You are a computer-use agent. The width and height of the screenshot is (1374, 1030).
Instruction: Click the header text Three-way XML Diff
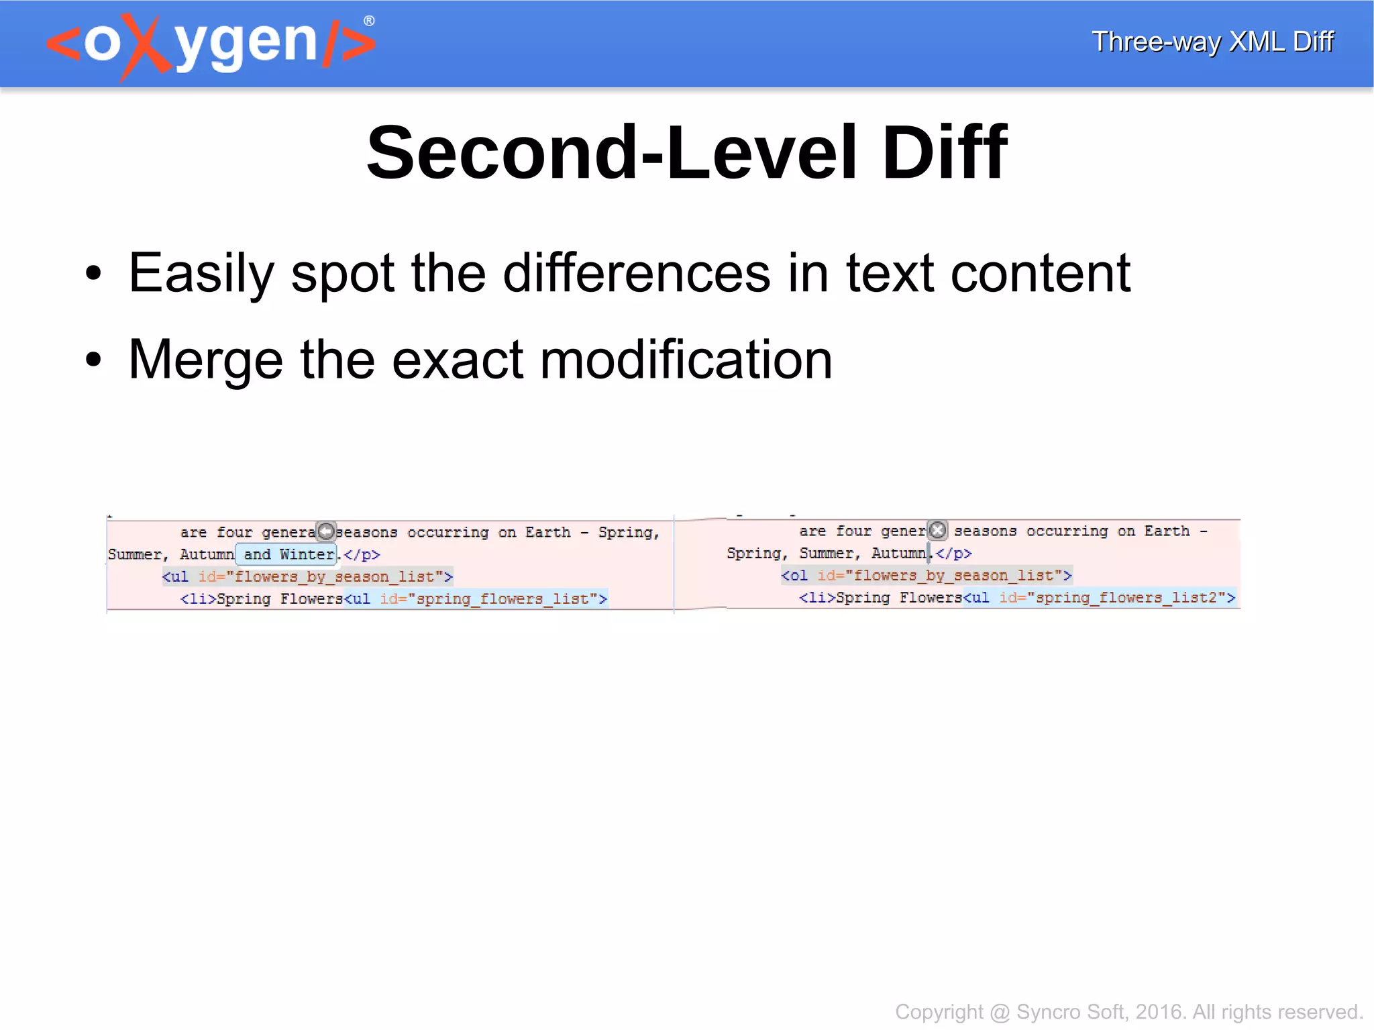[1212, 42]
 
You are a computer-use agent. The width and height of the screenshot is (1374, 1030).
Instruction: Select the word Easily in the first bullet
[201, 274]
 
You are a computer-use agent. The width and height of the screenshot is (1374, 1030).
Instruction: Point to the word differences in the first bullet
[637, 274]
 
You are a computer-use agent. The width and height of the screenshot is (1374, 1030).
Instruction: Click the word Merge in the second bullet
[205, 360]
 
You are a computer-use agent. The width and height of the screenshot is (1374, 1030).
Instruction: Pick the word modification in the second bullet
[686, 360]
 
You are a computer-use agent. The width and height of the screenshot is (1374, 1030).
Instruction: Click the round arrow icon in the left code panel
[326, 531]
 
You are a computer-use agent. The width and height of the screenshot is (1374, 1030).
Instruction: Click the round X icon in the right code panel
[938, 530]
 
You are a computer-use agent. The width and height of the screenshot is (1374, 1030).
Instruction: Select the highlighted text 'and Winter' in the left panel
[288, 554]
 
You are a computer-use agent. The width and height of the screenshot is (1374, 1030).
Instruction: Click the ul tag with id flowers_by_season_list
[307, 576]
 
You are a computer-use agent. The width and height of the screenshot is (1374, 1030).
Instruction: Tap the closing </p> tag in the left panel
[362, 555]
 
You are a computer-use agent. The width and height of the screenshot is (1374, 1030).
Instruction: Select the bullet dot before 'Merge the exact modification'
[93, 360]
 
